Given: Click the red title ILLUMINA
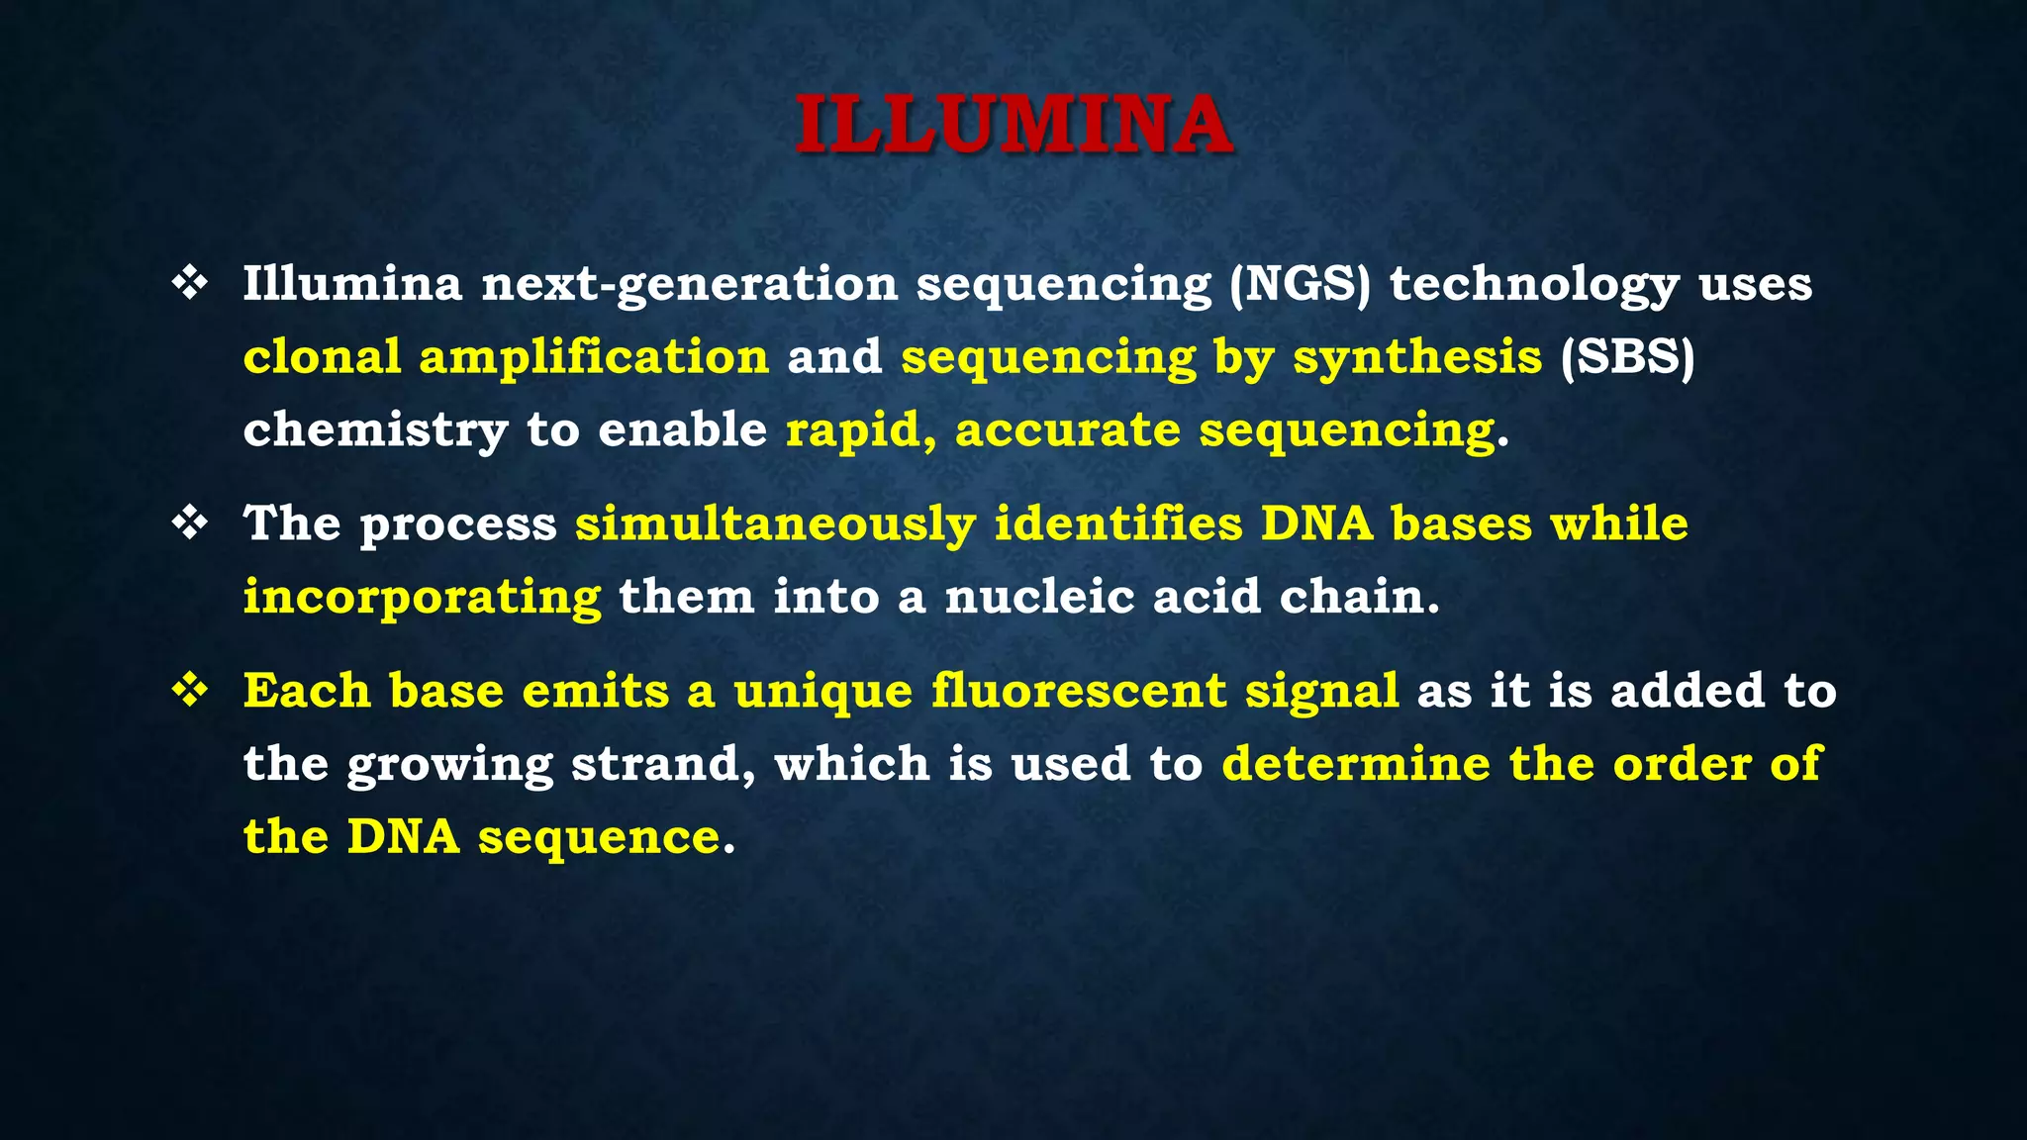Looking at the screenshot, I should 1013,125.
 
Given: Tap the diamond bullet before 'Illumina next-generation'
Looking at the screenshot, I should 189,284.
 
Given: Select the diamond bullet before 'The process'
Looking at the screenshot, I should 189,522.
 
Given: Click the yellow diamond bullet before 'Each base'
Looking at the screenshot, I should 189,690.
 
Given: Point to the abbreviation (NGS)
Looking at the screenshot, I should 1301,285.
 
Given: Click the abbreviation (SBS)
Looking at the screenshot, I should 1627,357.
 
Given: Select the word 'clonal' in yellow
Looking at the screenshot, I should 322,357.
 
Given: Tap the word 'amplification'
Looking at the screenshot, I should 594,357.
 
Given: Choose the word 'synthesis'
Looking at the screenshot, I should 1417,357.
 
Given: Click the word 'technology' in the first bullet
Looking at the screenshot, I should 1534,285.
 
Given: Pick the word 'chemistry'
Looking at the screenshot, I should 375,430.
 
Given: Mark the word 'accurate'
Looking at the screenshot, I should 1068,430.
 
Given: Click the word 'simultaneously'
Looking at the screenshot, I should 776,523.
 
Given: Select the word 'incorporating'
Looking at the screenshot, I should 423,597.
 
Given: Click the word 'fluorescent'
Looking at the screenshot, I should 1079,690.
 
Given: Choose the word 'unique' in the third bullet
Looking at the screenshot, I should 822,692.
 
